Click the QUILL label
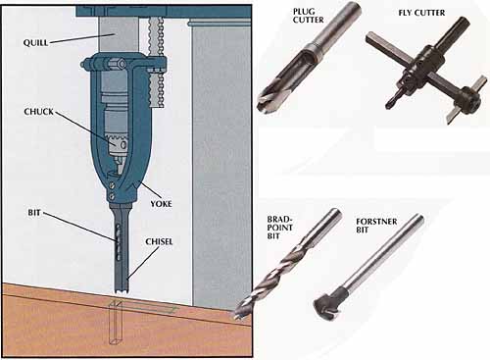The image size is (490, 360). [35, 42]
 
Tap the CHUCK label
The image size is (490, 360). [38, 112]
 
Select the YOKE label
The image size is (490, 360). [161, 204]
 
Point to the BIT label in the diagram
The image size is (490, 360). [34, 213]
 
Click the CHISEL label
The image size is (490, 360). [159, 241]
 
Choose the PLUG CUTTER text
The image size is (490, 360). [308, 16]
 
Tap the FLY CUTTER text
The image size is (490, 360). [421, 13]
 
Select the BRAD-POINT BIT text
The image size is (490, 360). [279, 228]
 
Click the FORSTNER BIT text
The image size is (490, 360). [376, 226]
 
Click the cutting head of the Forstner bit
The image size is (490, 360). [326, 305]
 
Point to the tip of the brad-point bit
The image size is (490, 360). [236, 316]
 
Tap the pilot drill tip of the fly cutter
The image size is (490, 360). [389, 105]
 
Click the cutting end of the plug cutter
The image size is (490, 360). [266, 100]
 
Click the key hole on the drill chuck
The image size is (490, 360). [123, 144]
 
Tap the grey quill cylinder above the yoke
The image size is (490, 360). [119, 34]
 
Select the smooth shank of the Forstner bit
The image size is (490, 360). [383, 253]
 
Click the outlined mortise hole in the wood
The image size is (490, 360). [116, 323]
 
